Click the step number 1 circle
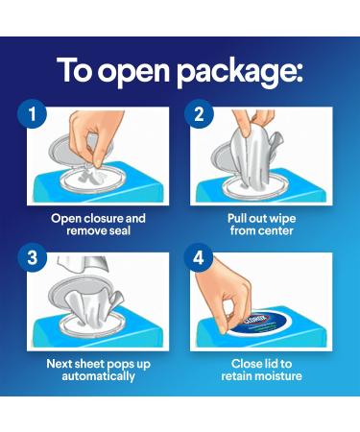click(32, 114)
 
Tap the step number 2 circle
click(199, 114)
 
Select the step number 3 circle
click(32, 257)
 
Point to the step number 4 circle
click(199, 257)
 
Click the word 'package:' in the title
click(239, 72)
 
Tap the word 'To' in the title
click(75, 70)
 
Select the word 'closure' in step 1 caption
click(101, 218)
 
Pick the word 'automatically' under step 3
click(99, 376)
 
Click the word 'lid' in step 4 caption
click(268, 364)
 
